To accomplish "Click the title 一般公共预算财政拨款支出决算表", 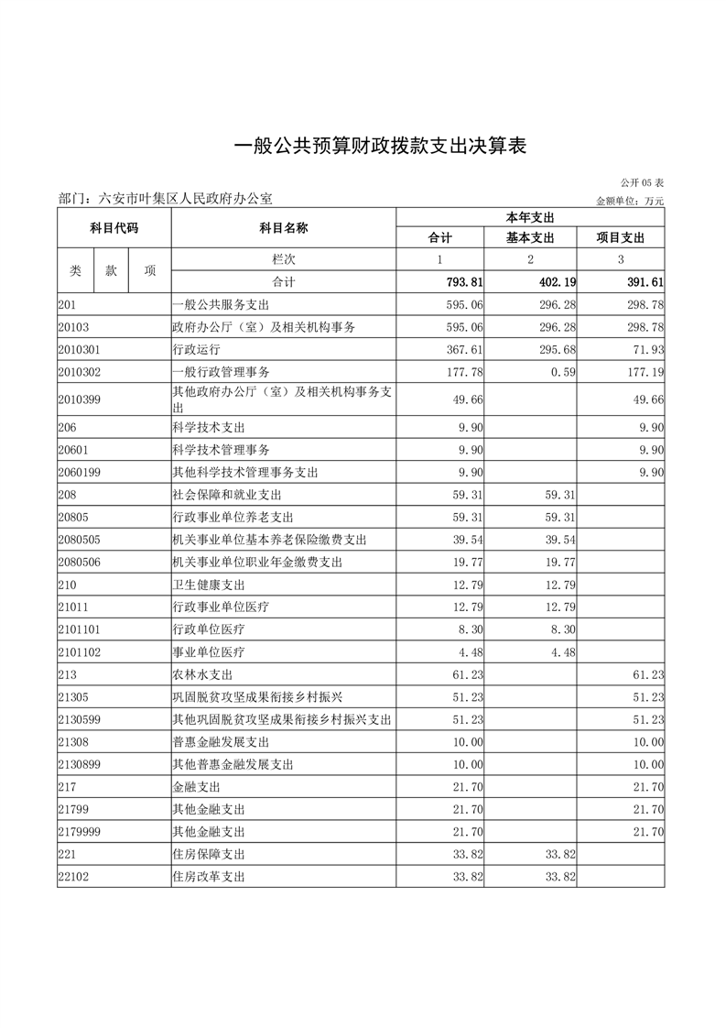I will click(381, 147).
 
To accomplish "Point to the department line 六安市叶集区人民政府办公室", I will click(165, 198).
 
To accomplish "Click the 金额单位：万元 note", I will click(630, 200).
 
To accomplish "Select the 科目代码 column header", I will click(114, 227).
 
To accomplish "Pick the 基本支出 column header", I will click(530, 238).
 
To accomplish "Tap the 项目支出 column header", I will click(620, 238).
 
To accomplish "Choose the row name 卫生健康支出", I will click(209, 585).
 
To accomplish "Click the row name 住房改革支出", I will click(209, 877).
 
